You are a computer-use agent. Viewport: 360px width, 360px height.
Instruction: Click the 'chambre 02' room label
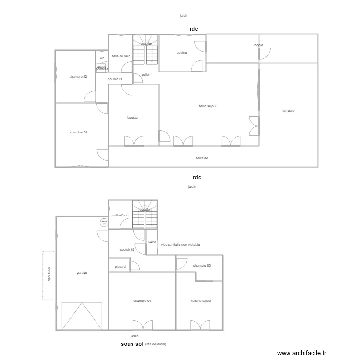78,77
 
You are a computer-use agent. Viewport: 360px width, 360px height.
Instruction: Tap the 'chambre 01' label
78,132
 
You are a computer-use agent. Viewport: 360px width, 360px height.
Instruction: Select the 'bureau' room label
132,118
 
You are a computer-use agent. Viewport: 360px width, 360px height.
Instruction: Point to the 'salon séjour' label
207,106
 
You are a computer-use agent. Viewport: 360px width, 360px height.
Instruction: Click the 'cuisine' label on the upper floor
181,52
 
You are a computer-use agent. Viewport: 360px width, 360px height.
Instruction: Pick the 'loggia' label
258,45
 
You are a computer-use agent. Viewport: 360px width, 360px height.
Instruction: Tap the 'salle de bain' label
120,56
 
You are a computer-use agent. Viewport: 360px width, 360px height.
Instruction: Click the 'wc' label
102,58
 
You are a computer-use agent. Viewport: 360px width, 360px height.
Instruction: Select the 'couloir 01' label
115,79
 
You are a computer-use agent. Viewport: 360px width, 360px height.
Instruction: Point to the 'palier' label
145,75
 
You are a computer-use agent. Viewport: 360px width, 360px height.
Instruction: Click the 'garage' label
82,273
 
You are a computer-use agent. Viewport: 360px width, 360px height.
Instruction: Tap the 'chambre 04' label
142,301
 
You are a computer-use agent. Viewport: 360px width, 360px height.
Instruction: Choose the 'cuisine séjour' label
201,301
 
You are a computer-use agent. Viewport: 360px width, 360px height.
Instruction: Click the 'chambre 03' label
202,265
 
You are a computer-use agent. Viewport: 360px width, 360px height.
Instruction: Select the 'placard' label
120,266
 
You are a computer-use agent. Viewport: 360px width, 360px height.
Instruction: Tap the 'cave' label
152,242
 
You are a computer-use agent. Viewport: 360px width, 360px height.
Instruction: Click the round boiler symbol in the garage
103,223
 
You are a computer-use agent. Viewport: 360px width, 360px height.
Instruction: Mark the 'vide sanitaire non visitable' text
180,245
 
